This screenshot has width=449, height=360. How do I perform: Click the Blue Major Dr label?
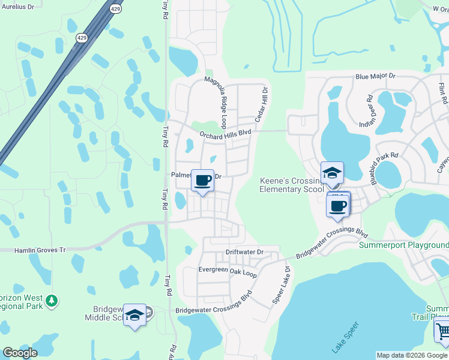[376, 77]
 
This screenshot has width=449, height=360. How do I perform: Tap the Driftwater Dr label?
[244, 252]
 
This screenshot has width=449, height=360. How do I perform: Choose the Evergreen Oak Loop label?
[228, 271]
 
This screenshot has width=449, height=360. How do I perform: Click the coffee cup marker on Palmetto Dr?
[203, 181]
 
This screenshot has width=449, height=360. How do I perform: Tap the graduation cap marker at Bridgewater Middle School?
[134, 315]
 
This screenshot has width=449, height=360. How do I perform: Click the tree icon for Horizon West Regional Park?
[52, 299]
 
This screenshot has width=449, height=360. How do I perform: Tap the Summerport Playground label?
[403, 245]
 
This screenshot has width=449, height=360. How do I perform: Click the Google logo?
[20, 353]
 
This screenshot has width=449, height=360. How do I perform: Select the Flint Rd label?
[443, 93]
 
